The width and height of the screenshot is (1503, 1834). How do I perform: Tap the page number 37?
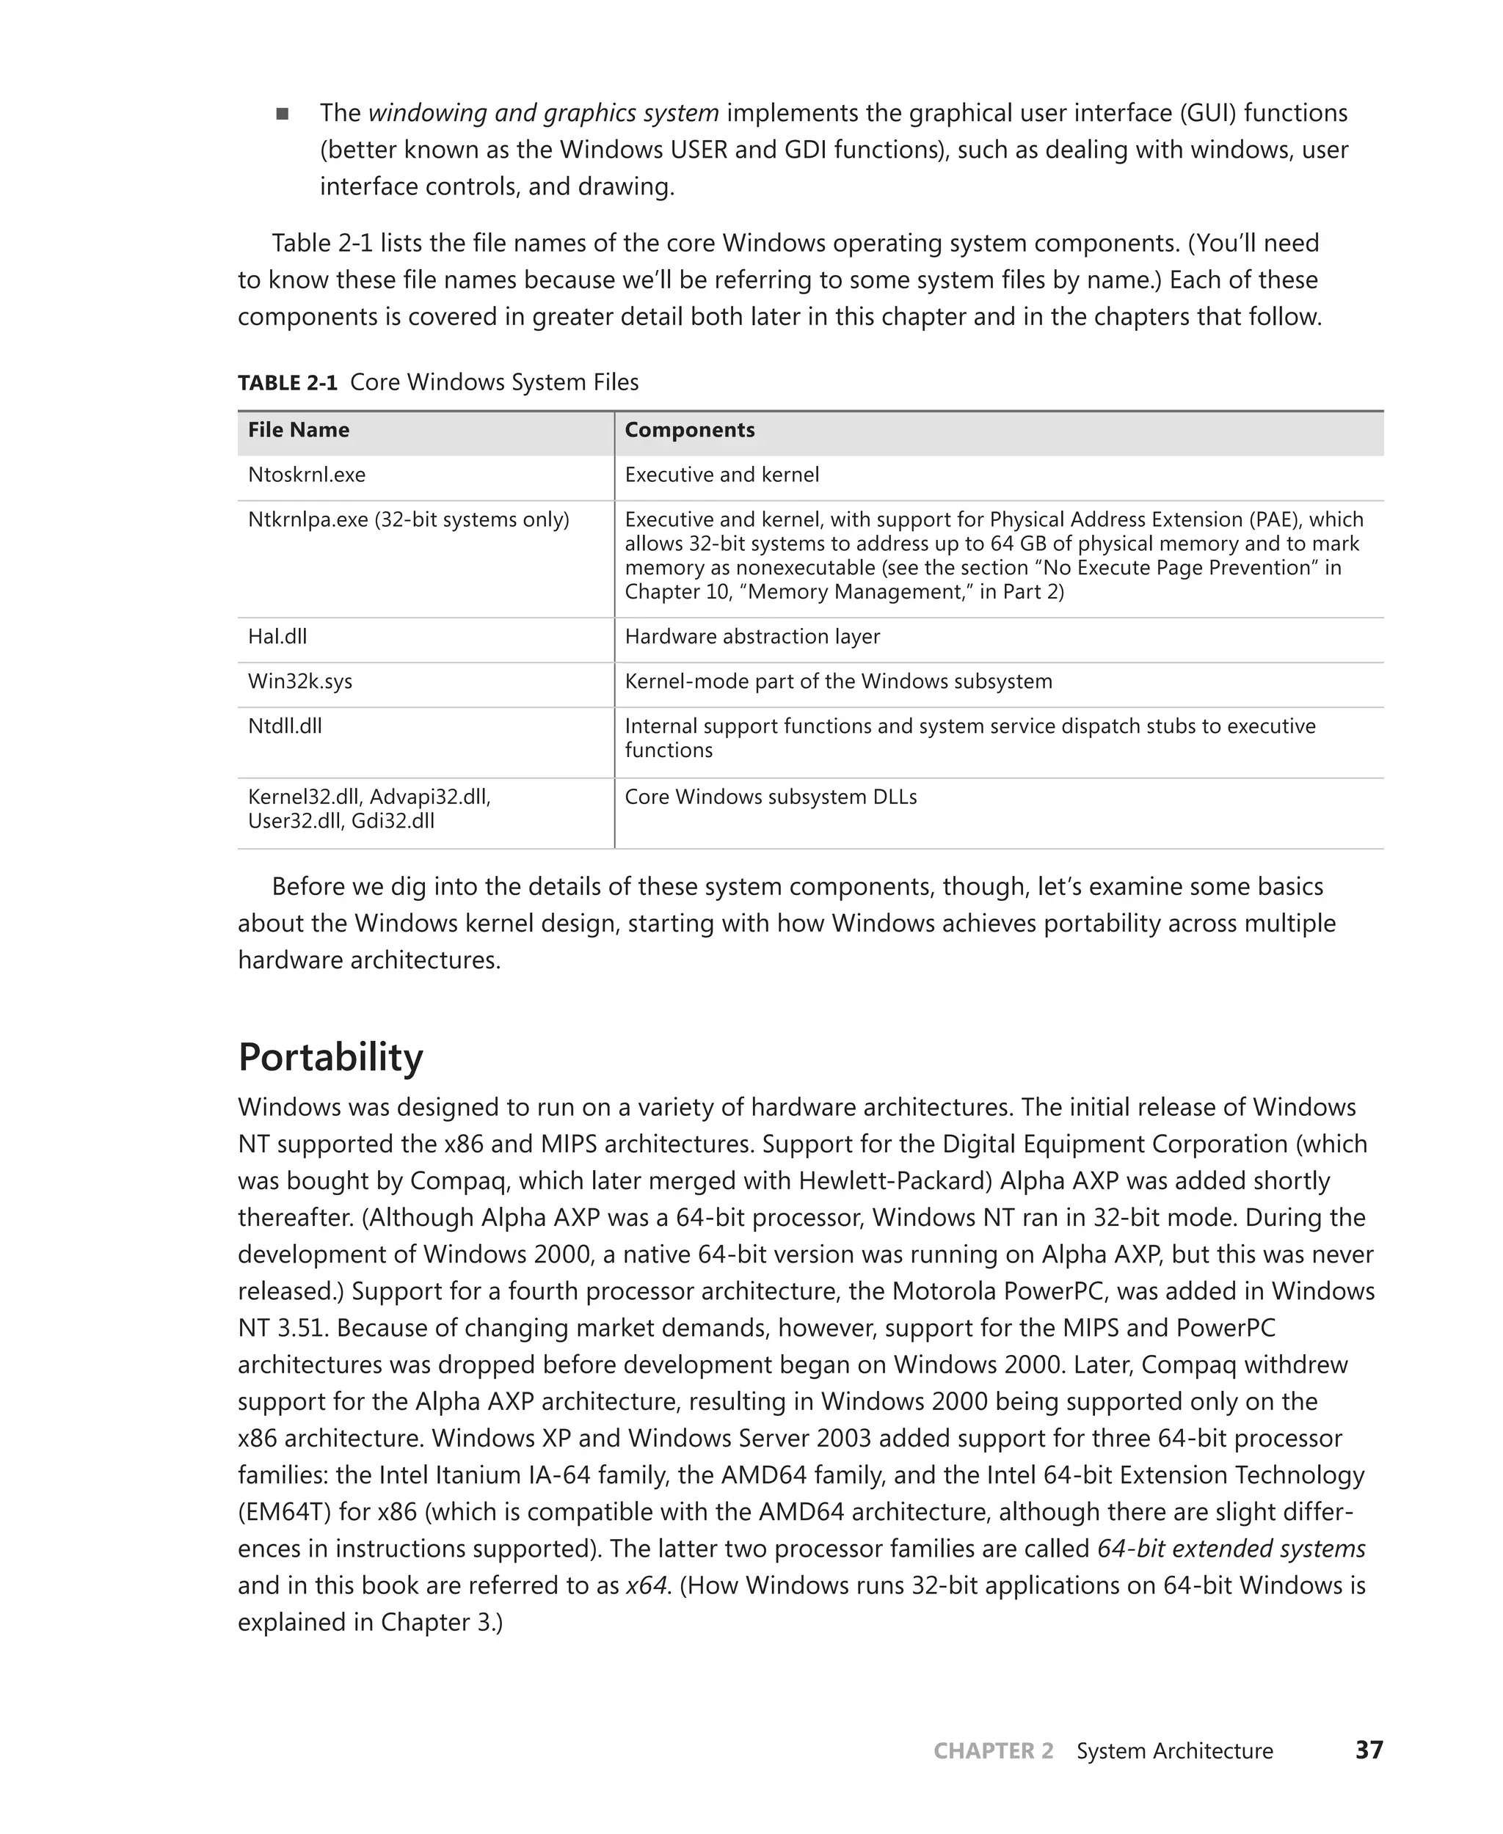1369,1750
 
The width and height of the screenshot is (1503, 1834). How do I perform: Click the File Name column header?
299,430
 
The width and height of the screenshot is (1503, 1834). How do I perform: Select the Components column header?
689,430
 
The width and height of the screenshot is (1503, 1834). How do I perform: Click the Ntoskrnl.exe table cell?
307,475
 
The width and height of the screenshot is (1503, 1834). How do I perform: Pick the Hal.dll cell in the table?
277,637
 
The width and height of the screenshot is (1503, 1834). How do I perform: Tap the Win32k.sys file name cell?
299,682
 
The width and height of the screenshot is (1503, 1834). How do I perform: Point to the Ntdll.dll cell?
285,726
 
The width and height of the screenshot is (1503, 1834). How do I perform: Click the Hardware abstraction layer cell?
751,637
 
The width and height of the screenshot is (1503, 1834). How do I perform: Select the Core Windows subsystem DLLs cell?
771,797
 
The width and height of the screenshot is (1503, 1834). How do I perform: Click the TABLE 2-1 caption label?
288,382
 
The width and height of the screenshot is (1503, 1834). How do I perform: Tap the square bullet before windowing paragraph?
283,114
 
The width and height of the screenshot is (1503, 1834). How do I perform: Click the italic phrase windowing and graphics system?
543,114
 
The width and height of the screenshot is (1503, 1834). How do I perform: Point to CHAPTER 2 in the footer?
993,1751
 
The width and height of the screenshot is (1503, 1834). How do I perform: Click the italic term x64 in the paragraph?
647,1585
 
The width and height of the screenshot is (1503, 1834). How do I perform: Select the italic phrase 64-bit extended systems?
1230,1549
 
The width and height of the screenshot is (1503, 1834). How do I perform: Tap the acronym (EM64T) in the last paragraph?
284,1511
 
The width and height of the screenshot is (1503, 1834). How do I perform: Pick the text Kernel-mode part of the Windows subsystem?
838,682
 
